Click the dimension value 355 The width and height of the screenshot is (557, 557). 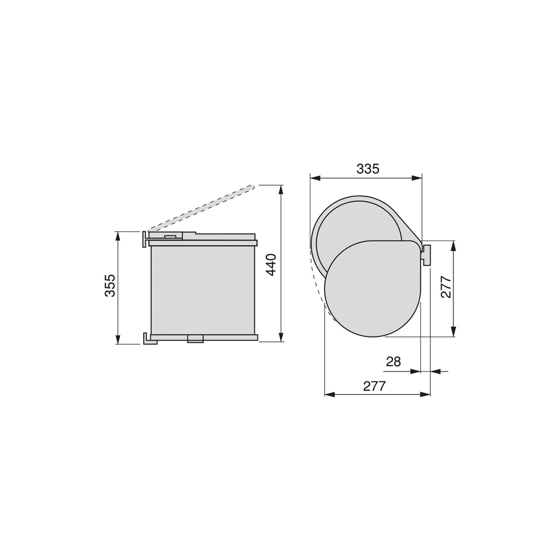110,285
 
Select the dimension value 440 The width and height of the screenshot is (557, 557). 271,265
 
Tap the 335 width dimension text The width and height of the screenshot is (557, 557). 368,169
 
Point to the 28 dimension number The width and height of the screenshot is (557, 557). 393,361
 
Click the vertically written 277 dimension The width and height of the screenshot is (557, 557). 446,287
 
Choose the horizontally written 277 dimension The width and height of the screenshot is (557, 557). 374,386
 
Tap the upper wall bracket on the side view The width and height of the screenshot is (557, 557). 145,239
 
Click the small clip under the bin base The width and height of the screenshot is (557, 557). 195,339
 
